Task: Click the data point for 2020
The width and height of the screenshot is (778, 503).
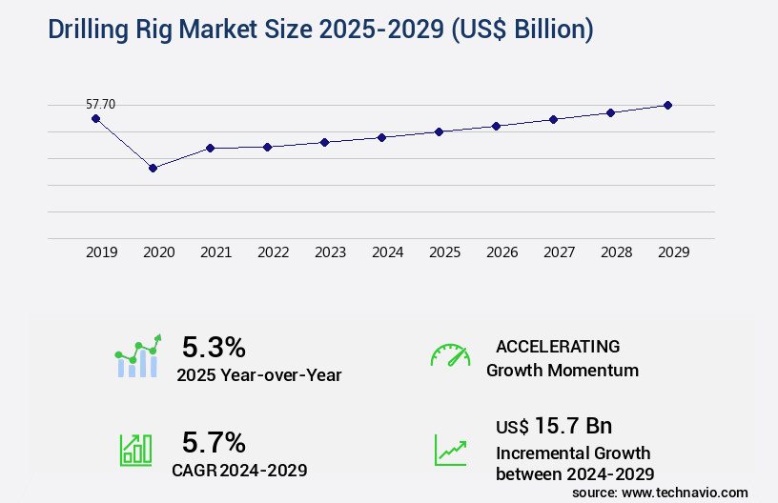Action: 153,168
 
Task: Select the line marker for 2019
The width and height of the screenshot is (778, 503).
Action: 95,118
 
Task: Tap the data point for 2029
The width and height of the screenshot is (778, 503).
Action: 668,105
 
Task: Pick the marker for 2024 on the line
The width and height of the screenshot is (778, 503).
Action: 381,137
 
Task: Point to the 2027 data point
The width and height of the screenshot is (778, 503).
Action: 554,119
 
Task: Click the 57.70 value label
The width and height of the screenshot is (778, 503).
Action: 101,104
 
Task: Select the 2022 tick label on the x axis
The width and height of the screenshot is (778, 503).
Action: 274,252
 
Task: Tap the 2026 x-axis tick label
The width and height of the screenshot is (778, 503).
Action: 502,252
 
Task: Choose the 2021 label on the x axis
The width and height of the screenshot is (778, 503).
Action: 216,252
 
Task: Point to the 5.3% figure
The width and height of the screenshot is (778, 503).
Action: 214,347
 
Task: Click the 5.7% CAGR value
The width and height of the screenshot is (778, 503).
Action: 214,442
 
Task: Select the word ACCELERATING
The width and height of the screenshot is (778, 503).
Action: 558,347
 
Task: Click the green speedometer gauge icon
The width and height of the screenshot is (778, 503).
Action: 450,354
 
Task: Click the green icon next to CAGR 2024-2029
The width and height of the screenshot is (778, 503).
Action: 135,450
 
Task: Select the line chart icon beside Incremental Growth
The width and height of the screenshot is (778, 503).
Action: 450,450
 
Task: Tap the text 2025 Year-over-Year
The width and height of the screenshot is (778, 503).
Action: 258,374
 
